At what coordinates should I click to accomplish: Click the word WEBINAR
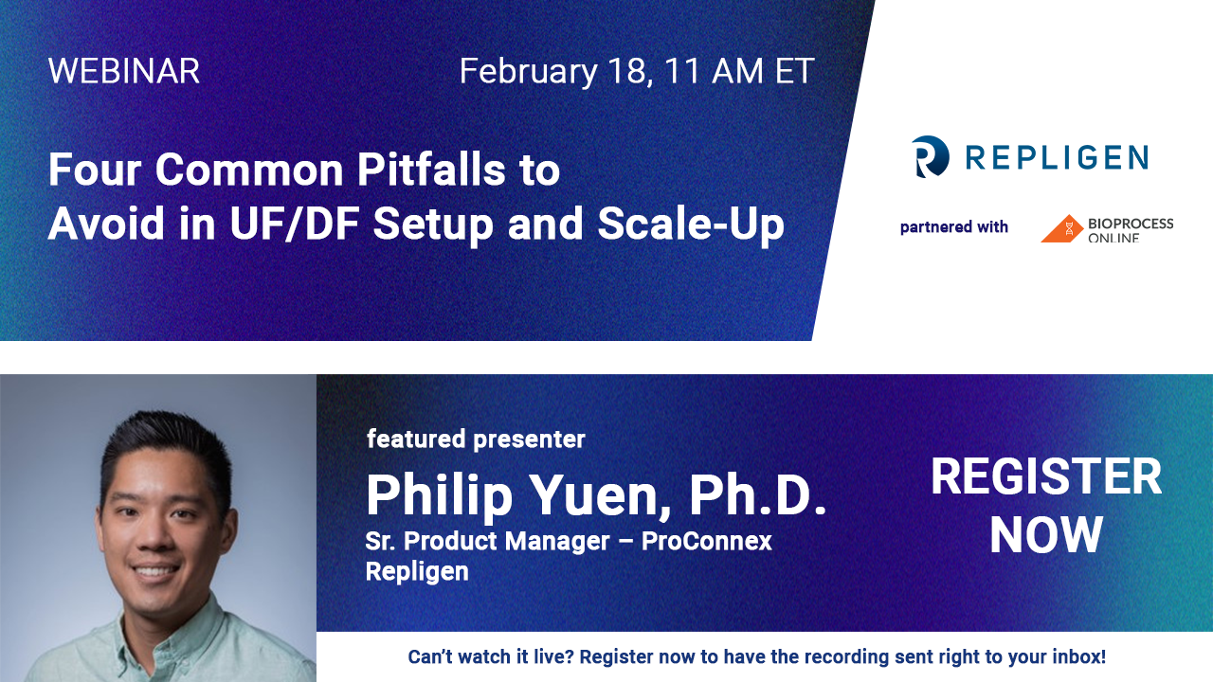(x=124, y=71)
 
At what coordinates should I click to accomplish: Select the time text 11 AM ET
(x=739, y=71)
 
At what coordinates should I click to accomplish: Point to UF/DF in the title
(x=295, y=223)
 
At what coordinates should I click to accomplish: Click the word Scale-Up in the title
(x=691, y=224)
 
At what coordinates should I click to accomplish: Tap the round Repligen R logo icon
(x=931, y=157)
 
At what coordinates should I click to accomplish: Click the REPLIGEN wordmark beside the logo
(x=1057, y=157)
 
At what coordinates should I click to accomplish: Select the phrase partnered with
(x=954, y=226)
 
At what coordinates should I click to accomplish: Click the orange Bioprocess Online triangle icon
(x=1062, y=228)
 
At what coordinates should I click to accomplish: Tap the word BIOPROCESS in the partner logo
(x=1131, y=224)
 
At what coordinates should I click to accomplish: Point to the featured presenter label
(x=476, y=439)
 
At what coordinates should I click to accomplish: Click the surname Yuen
(x=601, y=494)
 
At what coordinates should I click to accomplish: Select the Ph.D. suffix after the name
(x=757, y=494)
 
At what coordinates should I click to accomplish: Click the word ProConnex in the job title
(x=707, y=541)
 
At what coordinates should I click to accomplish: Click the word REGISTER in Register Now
(x=1046, y=476)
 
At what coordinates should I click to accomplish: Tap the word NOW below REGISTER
(x=1046, y=535)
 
